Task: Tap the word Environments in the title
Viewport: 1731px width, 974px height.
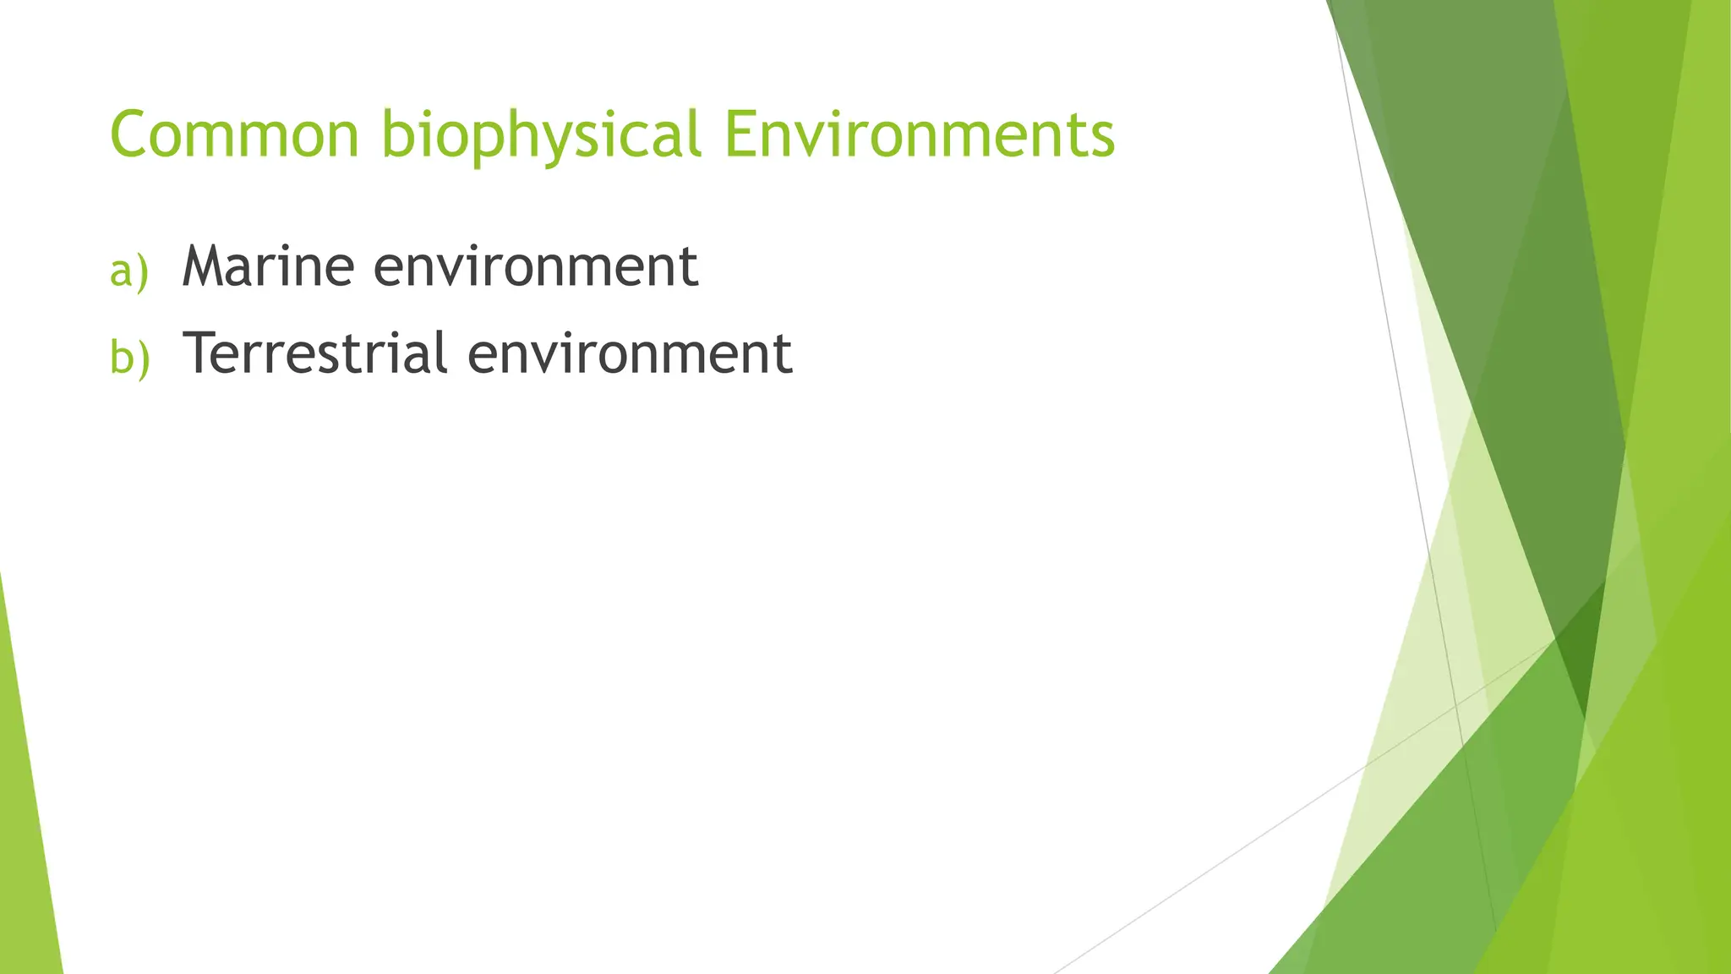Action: pyautogui.click(x=920, y=134)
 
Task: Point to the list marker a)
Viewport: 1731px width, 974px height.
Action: pyautogui.click(x=128, y=271)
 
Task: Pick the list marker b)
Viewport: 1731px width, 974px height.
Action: pyautogui.click(x=129, y=357)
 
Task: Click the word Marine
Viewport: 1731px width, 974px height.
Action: pyautogui.click(x=267, y=266)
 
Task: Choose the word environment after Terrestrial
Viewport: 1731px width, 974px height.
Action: pyautogui.click(x=630, y=354)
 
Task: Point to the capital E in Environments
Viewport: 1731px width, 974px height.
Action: pyautogui.click(x=740, y=134)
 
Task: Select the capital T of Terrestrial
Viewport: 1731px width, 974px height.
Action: pyautogui.click(x=203, y=353)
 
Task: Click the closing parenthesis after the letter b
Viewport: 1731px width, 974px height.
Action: pyautogui.click(x=144, y=358)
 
